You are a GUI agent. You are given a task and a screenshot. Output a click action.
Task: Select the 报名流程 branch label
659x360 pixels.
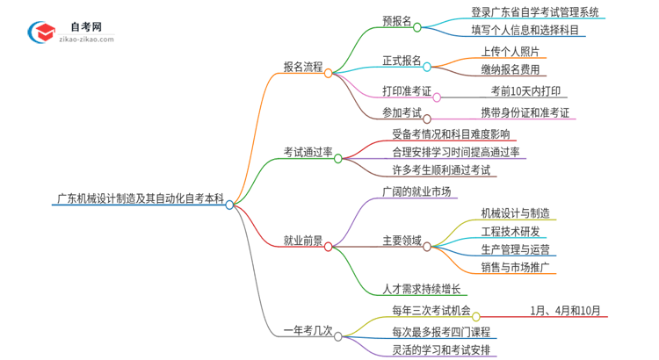tap(302, 66)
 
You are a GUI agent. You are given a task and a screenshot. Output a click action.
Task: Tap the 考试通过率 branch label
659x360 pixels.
tap(308, 152)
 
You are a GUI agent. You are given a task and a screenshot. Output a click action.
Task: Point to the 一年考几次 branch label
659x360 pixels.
tap(308, 330)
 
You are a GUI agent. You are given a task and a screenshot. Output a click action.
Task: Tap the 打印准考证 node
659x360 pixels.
tap(407, 91)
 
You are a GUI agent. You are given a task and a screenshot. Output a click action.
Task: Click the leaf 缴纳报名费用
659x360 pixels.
tap(511, 69)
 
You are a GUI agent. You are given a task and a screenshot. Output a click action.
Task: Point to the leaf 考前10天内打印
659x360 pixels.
tap(522, 91)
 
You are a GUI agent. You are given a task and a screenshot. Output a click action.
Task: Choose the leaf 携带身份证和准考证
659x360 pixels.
tap(525, 112)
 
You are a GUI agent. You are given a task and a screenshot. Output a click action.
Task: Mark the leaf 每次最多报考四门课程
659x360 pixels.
tap(441, 331)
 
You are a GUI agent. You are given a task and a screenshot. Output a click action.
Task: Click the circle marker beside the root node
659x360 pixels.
tap(229, 205)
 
